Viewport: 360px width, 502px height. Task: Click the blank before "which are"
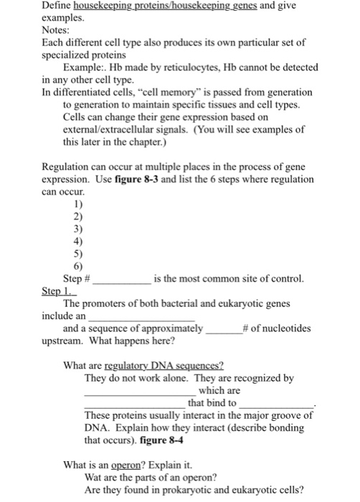[x=135, y=392]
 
